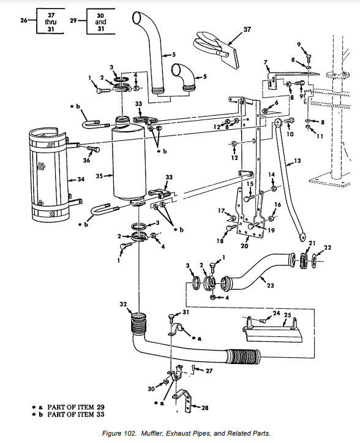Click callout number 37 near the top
[x=247, y=29]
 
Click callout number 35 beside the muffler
[x=99, y=176]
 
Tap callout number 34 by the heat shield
[x=81, y=179]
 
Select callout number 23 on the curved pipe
[x=270, y=286]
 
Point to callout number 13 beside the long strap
[x=298, y=161]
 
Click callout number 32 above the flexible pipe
[x=123, y=305]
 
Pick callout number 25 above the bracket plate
[x=287, y=315]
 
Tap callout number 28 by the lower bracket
[x=205, y=407]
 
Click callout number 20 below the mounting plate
[x=244, y=246]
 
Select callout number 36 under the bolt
[x=86, y=160]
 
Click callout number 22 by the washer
[x=328, y=248]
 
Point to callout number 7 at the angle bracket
[x=266, y=62]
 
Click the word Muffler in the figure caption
[x=151, y=433]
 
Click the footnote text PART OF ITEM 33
[x=76, y=414]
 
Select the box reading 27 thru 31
[x=51, y=21]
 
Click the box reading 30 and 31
[x=101, y=21]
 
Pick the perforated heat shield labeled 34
[x=50, y=175]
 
